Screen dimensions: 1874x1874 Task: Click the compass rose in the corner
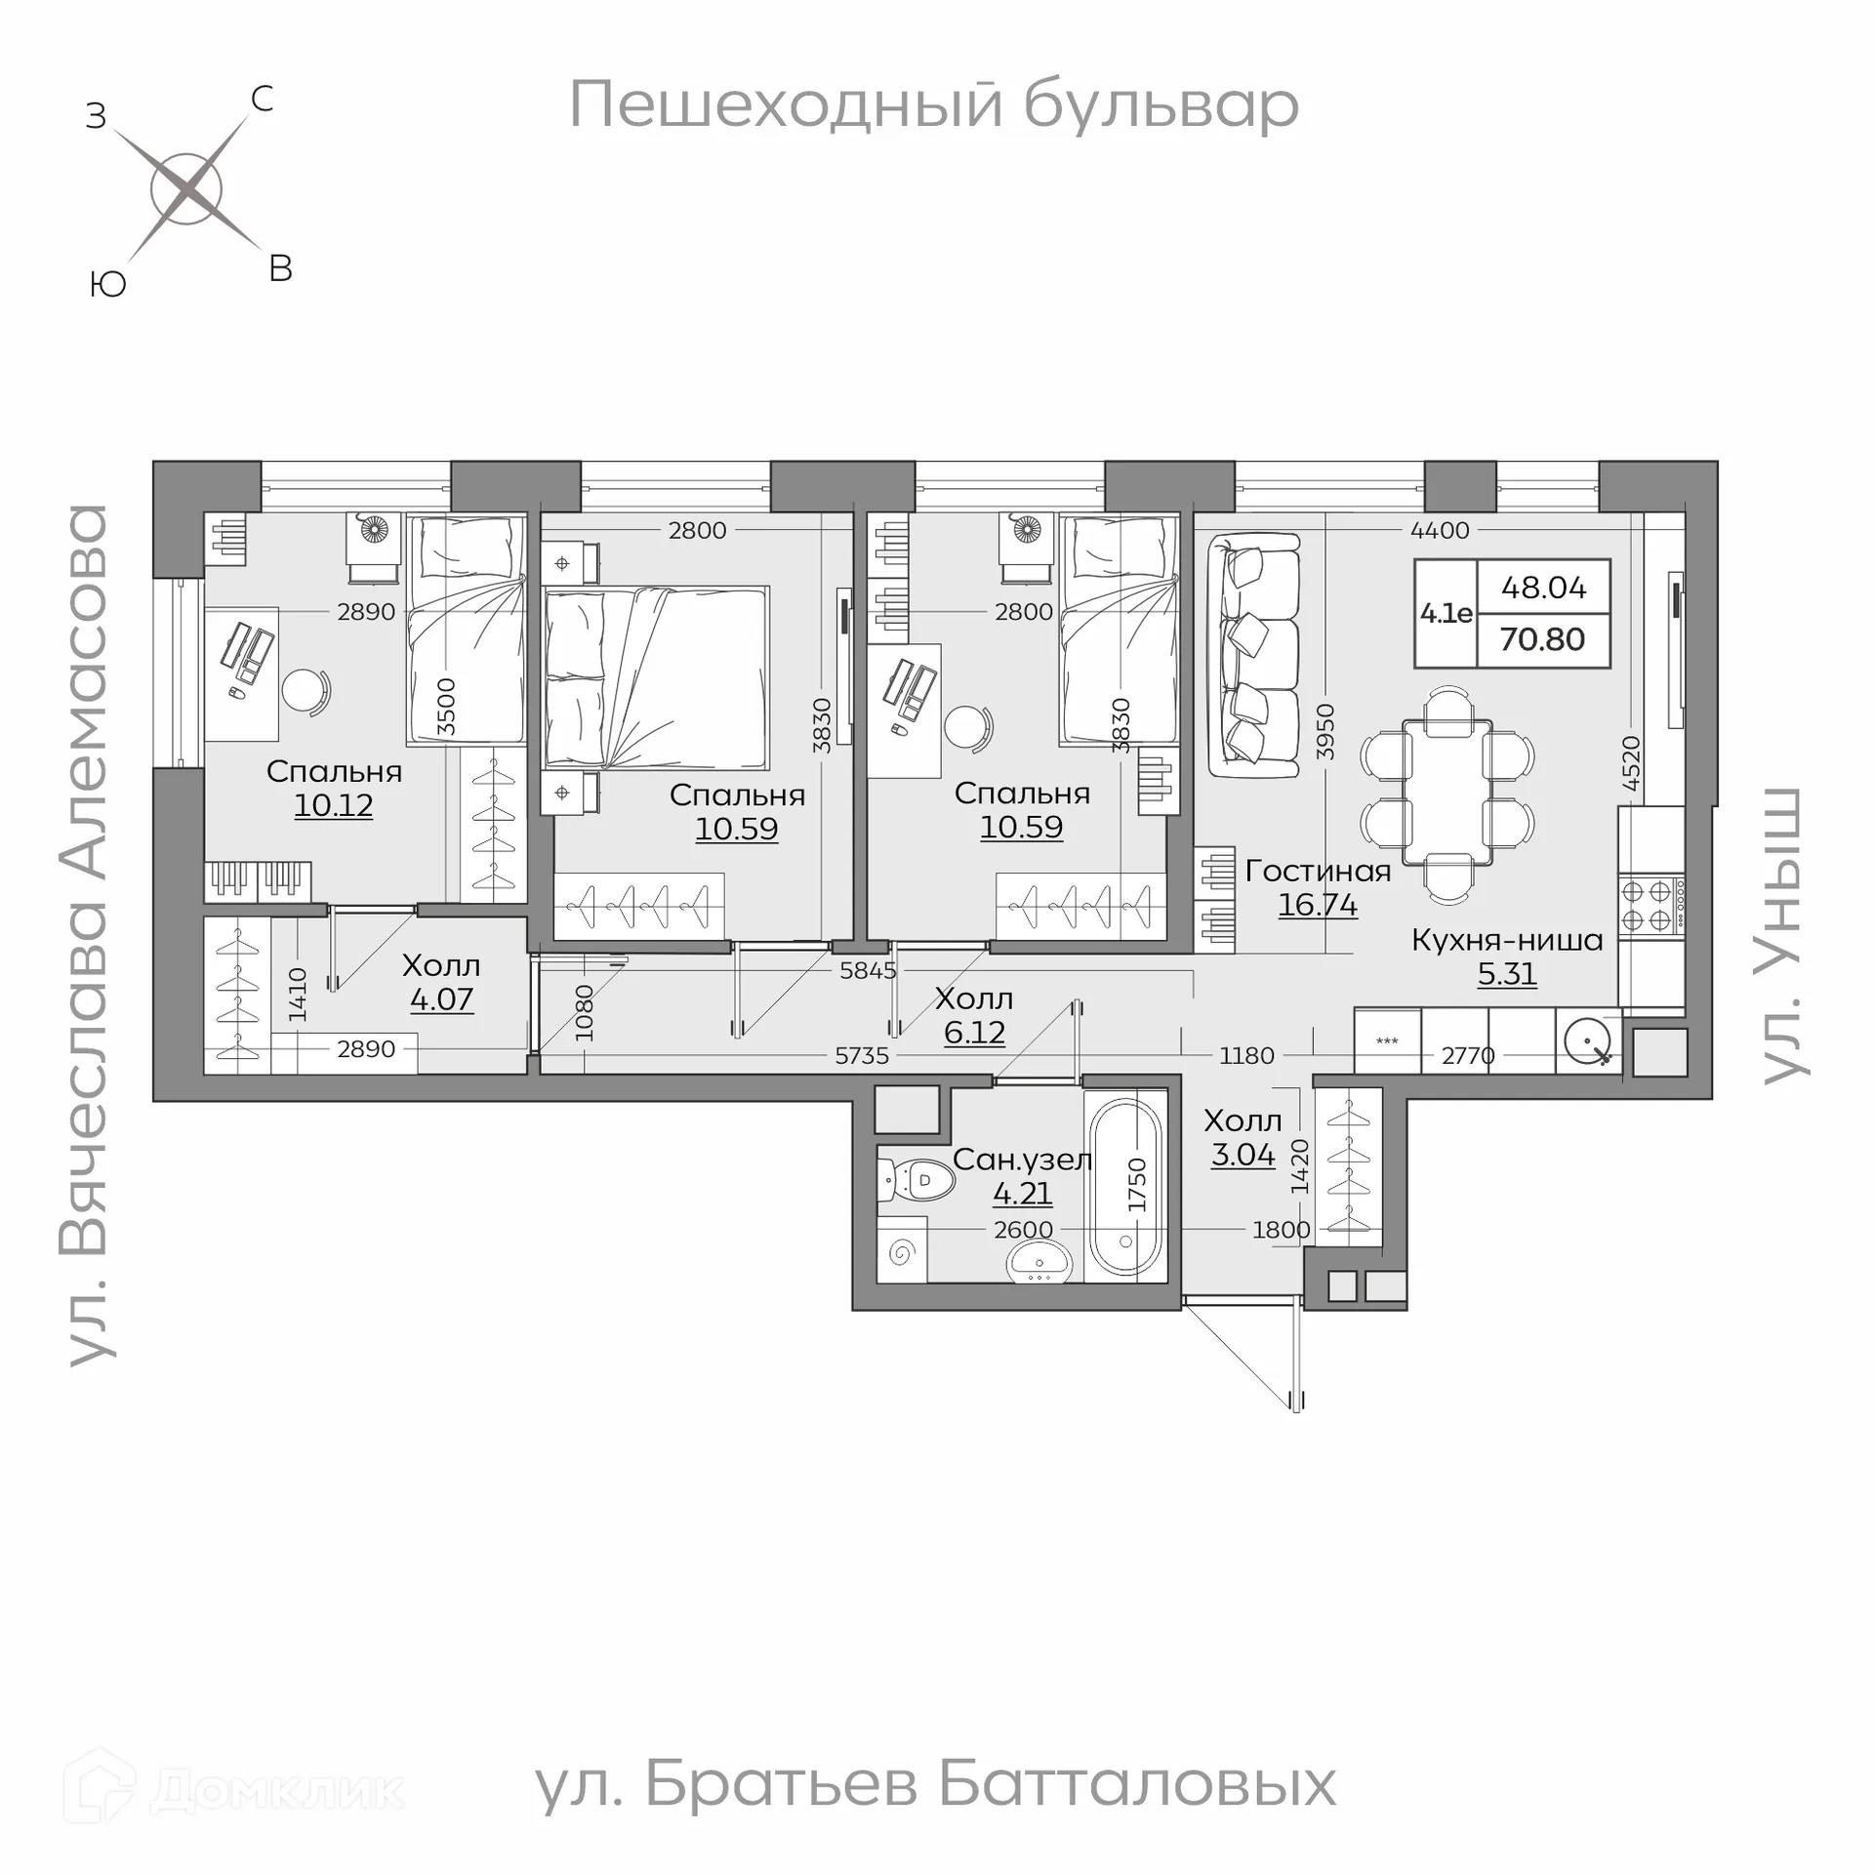[x=186, y=189]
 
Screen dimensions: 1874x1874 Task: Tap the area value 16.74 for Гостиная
[x=1318, y=905]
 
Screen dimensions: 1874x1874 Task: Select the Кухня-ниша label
[x=1507, y=941]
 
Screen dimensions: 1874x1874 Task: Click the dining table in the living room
[x=1447, y=793]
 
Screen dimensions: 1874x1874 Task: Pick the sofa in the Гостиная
[x=1254, y=654]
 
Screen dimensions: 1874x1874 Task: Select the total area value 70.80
[x=1542, y=639]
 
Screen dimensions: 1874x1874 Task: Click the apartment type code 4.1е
[x=1446, y=613]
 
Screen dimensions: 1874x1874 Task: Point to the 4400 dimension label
[x=1440, y=530]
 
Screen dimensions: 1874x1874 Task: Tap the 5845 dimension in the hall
[x=867, y=971]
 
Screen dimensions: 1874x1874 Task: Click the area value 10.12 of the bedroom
[x=333, y=805]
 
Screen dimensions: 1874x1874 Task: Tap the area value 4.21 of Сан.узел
[x=1022, y=1193]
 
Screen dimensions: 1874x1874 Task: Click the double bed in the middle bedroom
[x=656, y=677]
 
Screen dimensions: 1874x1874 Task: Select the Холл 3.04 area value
[x=1243, y=1155]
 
